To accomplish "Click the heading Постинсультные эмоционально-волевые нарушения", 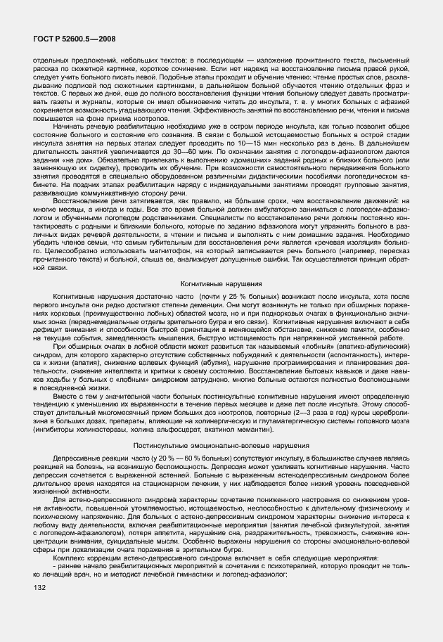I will [x=221, y=446].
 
